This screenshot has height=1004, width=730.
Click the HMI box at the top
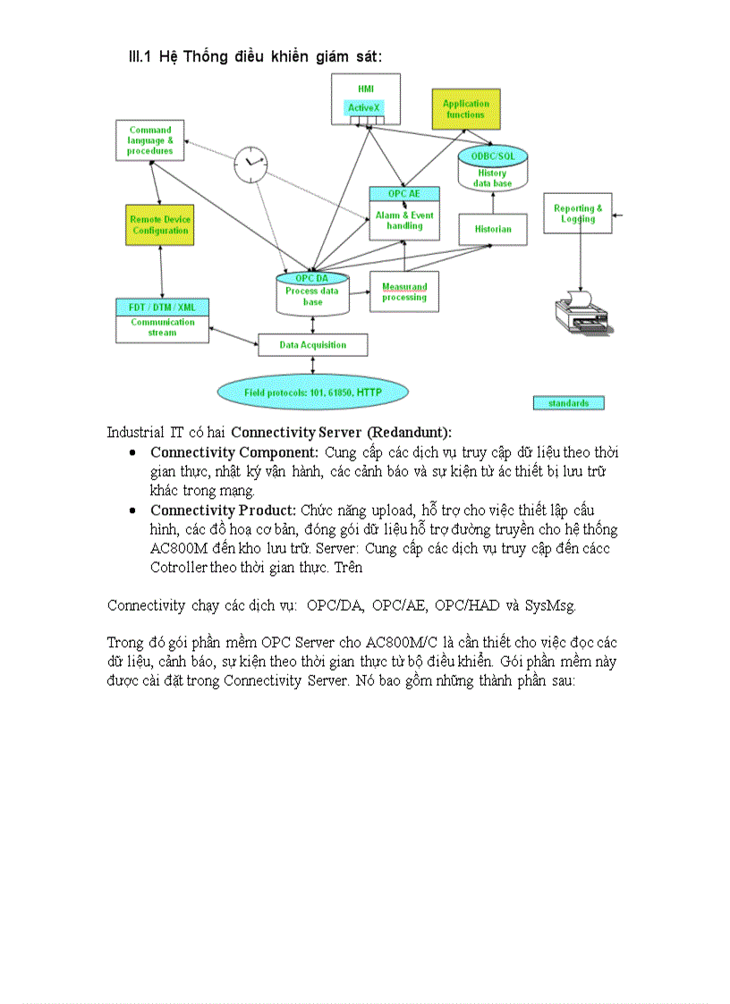(x=365, y=89)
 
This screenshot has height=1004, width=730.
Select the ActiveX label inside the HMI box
(x=364, y=108)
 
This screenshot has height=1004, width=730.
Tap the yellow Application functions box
(x=465, y=109)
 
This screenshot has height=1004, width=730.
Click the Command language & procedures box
(x=149, y=141)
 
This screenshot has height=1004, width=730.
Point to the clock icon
(x=250, y=163)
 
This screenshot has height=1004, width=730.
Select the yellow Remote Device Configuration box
(x=160, y=225)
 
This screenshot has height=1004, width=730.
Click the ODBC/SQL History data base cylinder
(x=491, y=169)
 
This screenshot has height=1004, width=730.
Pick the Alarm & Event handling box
(x=404, y=220)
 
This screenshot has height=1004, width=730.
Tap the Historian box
(x=493, y=230)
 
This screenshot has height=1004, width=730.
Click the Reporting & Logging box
(x=578, y=214)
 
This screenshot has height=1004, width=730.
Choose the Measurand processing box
(x=404, y=292)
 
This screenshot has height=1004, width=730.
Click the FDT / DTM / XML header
(x=162, y=308)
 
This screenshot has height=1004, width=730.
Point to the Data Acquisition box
(x=312, y=345)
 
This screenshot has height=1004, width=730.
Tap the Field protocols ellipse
(x=313, y=392)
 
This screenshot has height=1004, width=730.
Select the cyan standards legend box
(x=568, y=403)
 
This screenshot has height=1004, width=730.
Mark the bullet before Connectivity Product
(x=132, y=510)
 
